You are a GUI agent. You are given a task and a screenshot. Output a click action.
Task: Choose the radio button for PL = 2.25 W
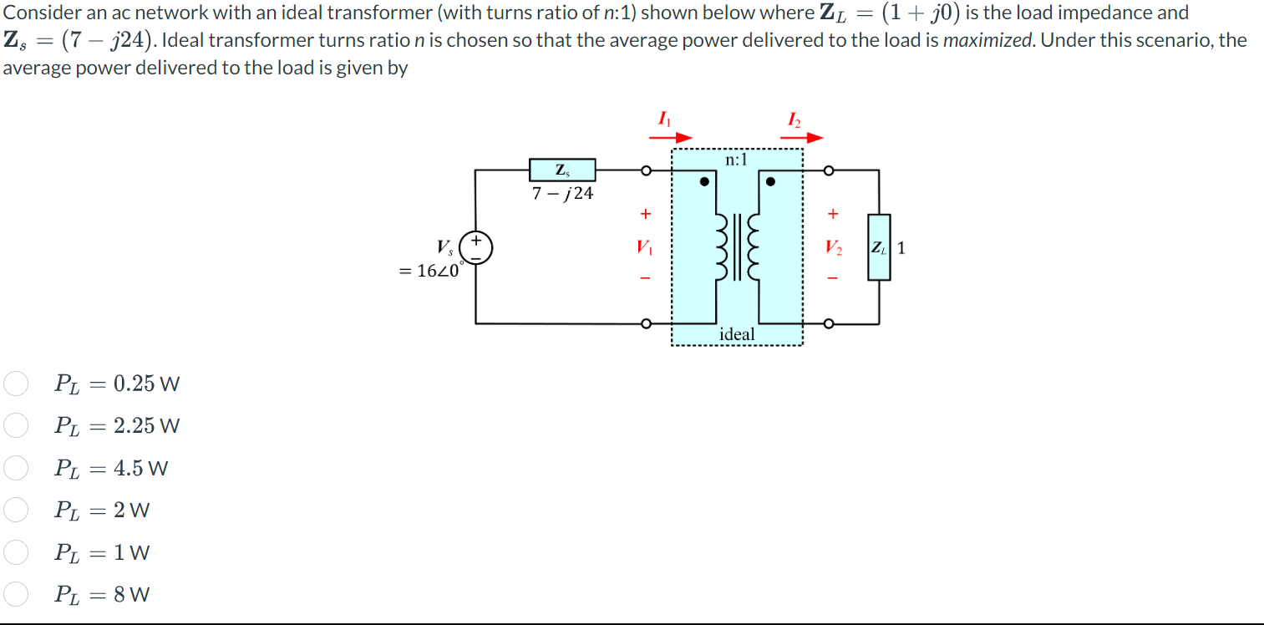(16, 425)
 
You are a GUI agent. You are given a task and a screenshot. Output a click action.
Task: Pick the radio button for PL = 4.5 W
(16, 468)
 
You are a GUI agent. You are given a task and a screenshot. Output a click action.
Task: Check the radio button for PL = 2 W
(16, 510)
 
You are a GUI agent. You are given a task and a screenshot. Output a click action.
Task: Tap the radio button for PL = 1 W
(16, 551)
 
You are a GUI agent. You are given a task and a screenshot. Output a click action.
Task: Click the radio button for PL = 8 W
(16, 594)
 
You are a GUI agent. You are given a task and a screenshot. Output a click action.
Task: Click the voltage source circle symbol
(477, 248)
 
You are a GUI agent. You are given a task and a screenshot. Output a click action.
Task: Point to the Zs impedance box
(562, 170)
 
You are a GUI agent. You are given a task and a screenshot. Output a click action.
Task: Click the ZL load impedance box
(878, 247)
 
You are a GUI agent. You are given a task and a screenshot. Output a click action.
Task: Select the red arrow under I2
(803, 138)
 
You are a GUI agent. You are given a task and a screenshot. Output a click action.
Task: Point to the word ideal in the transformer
(737, 334)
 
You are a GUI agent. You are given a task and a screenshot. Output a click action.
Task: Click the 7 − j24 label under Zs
(563, 194)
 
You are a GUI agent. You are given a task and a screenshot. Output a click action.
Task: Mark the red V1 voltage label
(644, 247)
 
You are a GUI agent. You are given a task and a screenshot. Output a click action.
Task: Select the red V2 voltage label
(832, 247)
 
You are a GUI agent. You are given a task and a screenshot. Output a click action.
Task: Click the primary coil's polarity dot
(705, 180)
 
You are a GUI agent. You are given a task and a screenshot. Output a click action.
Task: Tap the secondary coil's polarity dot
(770, 180)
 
